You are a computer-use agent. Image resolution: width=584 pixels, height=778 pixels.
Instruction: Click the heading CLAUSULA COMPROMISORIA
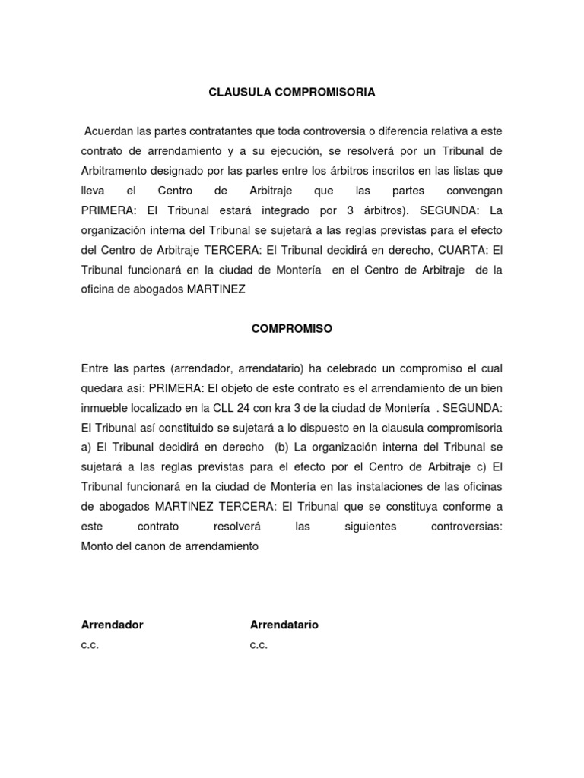coord(292,93)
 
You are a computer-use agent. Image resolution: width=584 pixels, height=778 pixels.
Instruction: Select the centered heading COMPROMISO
coord(292,329)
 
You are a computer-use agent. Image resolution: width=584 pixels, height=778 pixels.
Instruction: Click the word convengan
coord(465,190)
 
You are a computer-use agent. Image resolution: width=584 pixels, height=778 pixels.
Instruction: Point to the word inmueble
coord(103,408)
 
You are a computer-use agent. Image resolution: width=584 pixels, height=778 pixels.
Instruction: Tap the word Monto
coord(97,546)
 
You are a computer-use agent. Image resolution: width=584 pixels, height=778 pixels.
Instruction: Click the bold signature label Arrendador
coord(112,625)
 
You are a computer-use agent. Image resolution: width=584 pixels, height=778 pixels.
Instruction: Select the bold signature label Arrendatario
coord(284,625)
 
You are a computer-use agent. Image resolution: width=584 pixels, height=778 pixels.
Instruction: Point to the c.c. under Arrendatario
coord(259,645)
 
